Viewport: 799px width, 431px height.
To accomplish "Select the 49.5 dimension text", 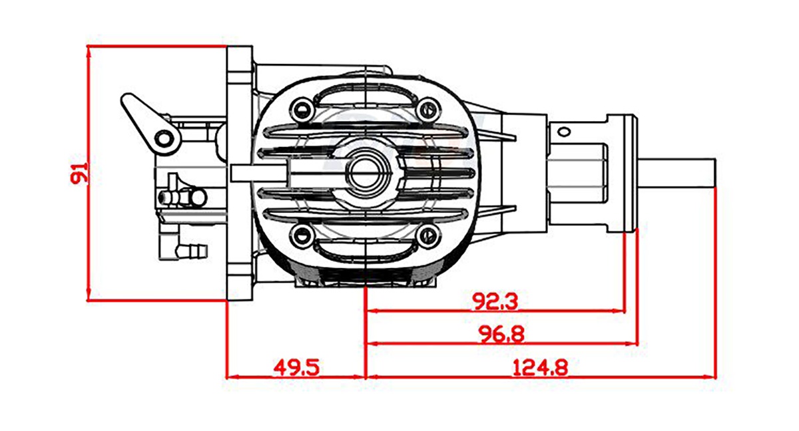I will [297, 367].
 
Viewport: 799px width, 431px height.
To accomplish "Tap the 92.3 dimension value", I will [495, 302].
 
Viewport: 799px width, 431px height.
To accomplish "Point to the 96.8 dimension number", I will [501, 335].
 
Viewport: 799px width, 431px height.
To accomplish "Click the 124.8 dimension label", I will [540, 367].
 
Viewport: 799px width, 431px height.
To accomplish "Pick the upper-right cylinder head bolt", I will [427, 109].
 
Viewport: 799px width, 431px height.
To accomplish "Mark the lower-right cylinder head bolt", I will [427, 234].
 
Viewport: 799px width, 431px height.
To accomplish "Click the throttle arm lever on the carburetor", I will [148, 120].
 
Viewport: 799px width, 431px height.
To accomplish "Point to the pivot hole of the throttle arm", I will [163, 138].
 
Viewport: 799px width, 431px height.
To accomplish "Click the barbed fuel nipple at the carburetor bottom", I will [193, 251].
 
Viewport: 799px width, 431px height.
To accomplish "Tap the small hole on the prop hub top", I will [563, 130].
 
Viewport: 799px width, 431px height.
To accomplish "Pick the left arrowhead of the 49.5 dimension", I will [231, 376].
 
